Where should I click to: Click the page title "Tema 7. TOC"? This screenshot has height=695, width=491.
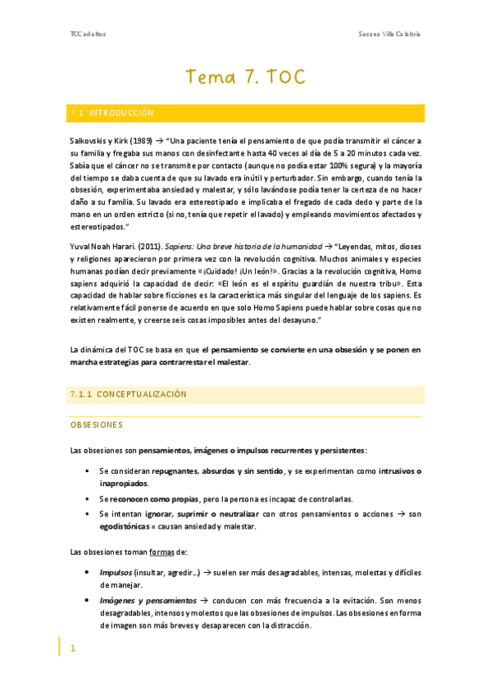[x=245, y=78]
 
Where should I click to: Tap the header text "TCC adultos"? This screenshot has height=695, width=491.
[x=88, y=34]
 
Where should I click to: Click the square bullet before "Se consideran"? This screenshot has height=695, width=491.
[x=87, y=472]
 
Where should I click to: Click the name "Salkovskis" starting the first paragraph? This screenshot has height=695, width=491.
[x=91, y=141]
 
